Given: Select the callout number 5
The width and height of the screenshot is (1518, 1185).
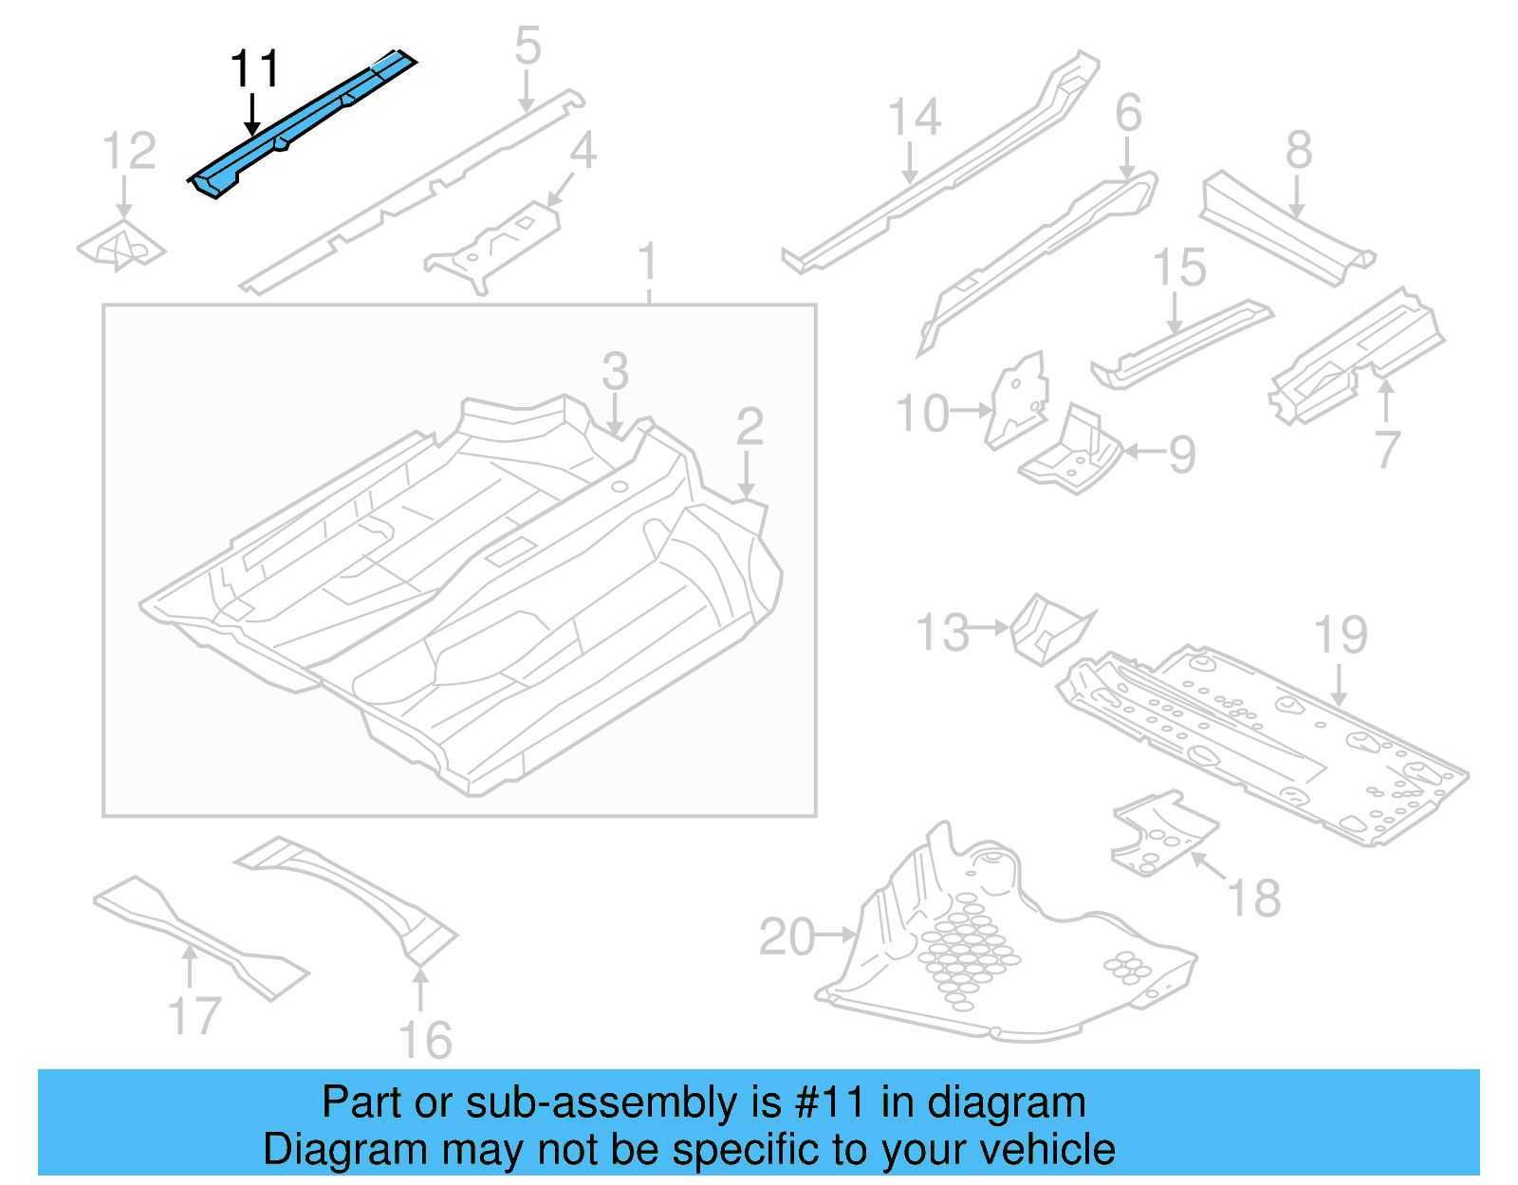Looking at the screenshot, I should (528, 47).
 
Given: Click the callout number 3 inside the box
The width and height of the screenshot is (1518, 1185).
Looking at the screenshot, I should (615, 371).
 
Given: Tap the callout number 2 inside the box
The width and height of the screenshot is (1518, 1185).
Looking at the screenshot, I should (750, 427).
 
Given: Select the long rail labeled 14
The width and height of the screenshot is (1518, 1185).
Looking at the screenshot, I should (939, 171).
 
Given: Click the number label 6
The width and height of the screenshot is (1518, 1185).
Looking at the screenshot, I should (1128, 114).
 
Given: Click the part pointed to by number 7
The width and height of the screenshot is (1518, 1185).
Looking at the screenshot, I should (1357, 351).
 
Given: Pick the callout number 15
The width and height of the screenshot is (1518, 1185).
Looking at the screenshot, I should (1178, 268).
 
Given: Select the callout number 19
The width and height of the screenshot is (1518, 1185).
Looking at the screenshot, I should (1340, 636).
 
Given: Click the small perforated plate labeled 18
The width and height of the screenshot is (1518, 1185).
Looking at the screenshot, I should (1162, 835).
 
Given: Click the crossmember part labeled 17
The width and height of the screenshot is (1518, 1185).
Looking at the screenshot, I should (199, 935).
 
